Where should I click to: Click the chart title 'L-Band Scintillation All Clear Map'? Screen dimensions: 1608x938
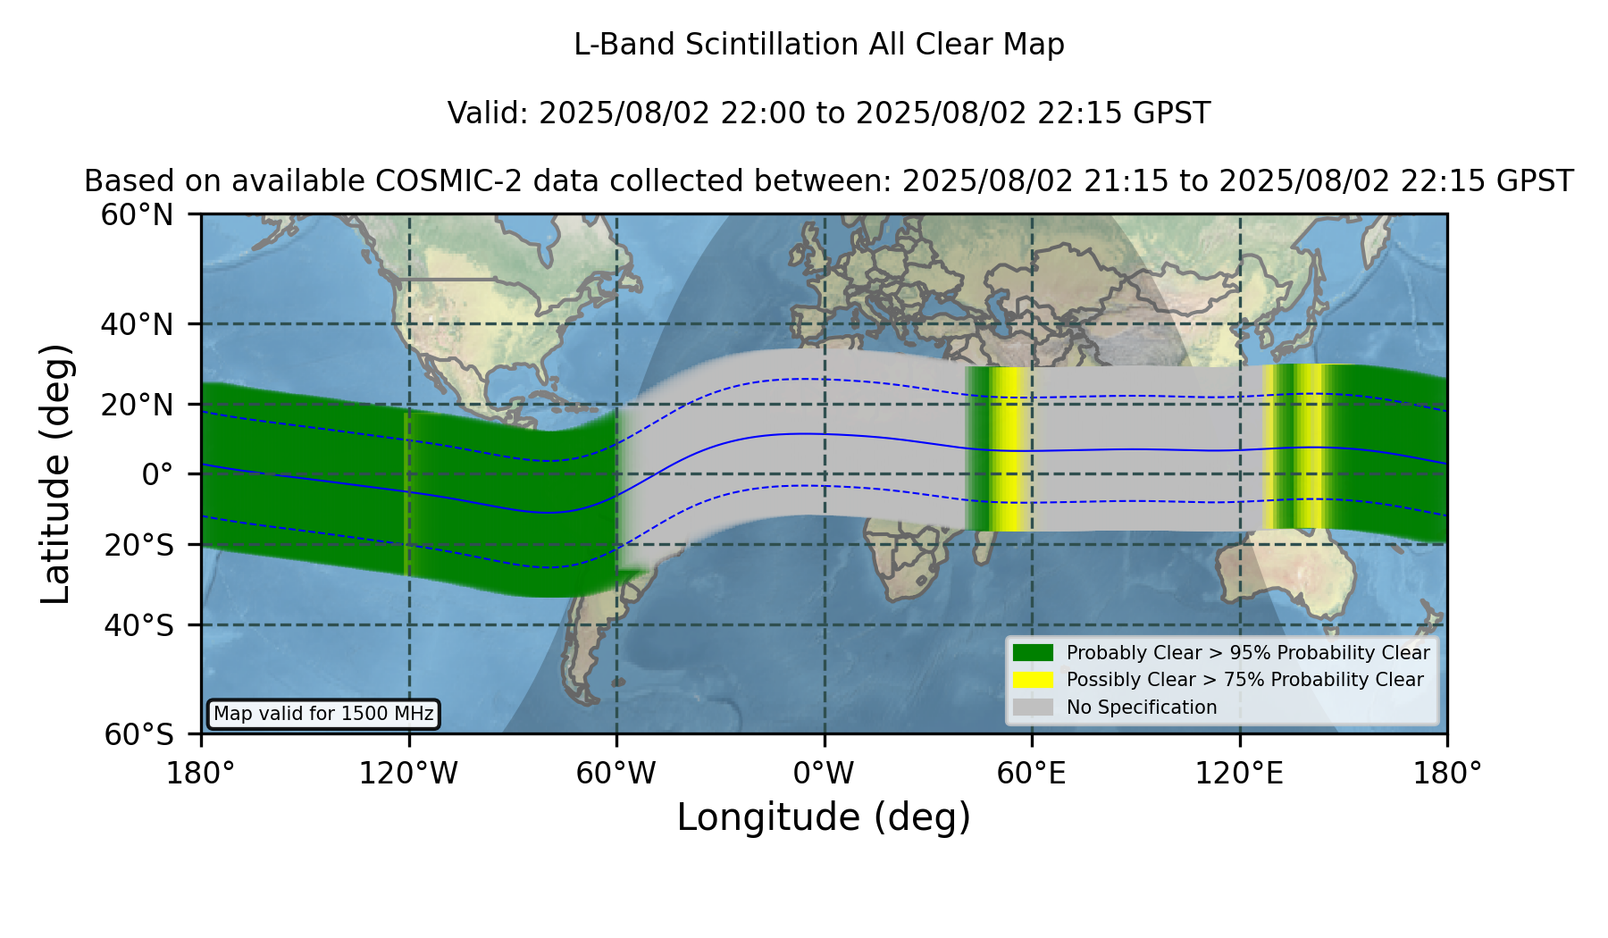(x=818, y=45)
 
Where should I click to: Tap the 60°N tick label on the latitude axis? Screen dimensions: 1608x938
(x=137, y=215)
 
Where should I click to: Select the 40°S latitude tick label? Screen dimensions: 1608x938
(x=138, y=625)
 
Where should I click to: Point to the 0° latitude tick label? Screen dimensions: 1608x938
(x=157, y=474)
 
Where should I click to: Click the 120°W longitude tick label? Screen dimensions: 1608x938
(x=408, y=774)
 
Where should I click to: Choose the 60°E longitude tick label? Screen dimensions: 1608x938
(x=1032, y=774)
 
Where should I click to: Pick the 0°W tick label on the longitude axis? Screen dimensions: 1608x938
(x=824, y=774)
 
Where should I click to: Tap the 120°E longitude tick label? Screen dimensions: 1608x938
(x=1239, y=774)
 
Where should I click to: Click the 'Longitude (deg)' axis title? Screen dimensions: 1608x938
(x=824, y=817)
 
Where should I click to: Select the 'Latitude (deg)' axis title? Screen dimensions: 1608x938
(x=56, y=473)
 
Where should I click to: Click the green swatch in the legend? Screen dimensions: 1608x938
(x=1033, y=652)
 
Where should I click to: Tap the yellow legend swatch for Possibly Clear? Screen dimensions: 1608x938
(x=1033, y=680)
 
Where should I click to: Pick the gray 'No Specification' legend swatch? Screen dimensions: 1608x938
(x=1033, y=708)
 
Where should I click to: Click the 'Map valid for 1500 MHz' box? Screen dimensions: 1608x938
(x=323, y=714)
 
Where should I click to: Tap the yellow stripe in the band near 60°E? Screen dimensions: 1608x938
(x=1009, y=449)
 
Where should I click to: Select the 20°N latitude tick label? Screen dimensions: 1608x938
(x=137, y=406)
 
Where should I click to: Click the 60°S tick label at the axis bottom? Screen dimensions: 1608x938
(x=138, y=734)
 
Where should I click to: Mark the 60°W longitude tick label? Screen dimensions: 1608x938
(x=616, y=774)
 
